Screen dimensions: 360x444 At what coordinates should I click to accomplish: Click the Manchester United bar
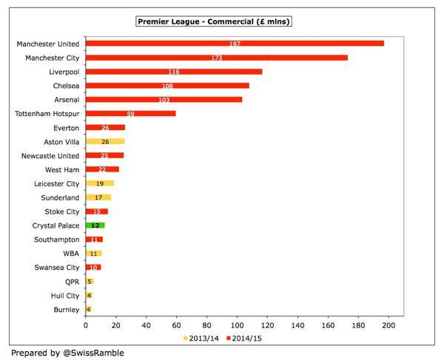pos(235,44)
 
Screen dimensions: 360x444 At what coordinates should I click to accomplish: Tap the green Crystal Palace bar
pos(95,225)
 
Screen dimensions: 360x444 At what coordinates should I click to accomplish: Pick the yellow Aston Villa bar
pos(104,141)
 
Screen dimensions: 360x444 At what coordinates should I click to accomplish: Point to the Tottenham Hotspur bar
pos(130,114)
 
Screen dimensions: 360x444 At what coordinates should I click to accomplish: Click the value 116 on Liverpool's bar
pos(174,72)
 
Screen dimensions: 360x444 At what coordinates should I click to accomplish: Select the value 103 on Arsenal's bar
pos(164,100)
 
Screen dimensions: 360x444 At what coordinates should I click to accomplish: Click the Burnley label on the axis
pos(64,309)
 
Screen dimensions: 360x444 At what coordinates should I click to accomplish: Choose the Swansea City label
pos(56,267)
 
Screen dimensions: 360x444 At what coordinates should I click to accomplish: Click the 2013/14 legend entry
pos(200,339)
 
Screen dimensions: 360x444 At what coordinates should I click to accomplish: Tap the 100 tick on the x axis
pos(237,324)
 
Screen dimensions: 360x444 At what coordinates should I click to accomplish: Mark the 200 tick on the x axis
pos(388,324)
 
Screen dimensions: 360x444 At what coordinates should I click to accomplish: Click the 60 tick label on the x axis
pos(177,324)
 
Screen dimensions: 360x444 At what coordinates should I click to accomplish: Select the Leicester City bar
pos(100,183)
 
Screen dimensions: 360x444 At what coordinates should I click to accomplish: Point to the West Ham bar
pos(102,169)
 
